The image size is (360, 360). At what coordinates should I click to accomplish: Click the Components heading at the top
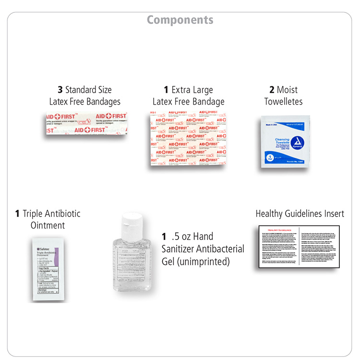(x=180, y=20)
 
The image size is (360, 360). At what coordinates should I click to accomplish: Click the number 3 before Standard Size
(x=60, y=90)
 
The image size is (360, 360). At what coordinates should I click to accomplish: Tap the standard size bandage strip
(x=86, y=123)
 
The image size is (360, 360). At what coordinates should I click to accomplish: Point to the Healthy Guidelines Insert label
(x=300, y=214)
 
